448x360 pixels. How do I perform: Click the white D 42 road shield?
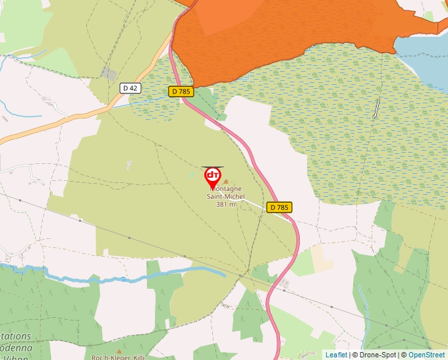130,88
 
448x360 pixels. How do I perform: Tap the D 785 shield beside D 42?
181,91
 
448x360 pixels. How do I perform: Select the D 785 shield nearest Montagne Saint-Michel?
279,207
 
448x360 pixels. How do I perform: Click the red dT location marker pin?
213,176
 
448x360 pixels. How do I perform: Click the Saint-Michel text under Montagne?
225,196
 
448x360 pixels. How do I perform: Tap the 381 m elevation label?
225,204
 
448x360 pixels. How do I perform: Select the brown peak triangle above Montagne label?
226,182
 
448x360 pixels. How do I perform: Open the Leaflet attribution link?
336,355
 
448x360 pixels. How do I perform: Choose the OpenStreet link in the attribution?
426,355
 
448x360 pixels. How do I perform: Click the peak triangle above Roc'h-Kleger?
119,351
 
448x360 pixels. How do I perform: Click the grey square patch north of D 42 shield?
109,74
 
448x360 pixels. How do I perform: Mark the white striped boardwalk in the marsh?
377,108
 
